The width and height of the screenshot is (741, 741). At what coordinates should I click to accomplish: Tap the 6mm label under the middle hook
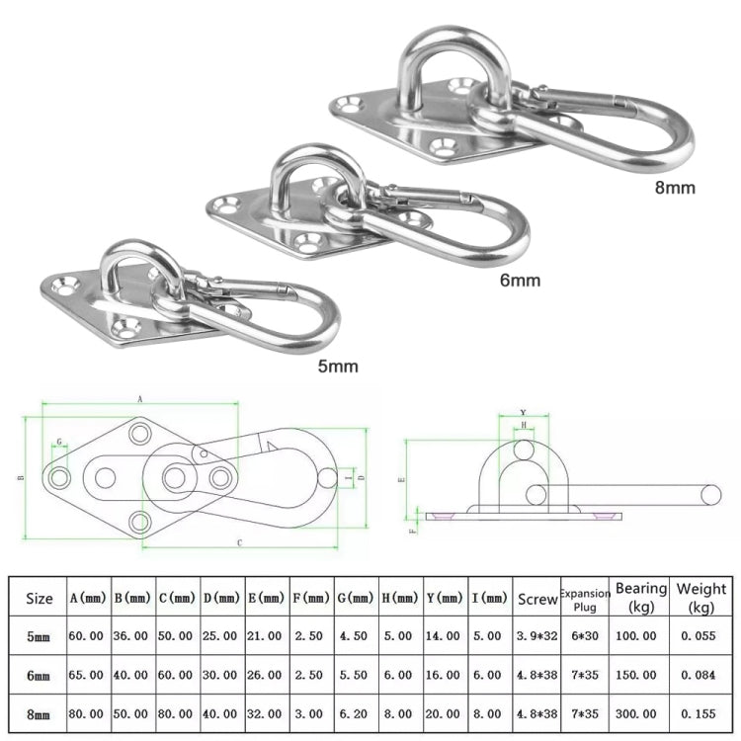pyautogui.click(x=520, y=280)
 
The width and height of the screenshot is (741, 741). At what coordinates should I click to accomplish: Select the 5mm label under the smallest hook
pyautogui.click(x=338, y=366)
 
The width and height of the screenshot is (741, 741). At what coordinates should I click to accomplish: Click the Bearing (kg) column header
pyautogui.click(x=641, y=597)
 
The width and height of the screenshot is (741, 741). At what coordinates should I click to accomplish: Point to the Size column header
pyautogui.click(x=40, y=598)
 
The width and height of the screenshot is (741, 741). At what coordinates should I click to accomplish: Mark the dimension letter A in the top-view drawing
pyautogui.click(x=139, y=398)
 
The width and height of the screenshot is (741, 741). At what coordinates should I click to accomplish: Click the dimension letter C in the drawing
pyautogui.click(x=240, y=542)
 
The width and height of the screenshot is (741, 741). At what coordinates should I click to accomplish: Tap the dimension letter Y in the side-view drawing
pyautogui.click(x=523, y=414)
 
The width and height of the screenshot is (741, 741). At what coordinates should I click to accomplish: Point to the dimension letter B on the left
pyautogui.click(x=20, y=479)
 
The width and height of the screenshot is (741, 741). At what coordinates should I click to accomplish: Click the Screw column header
pyautogui.click(x=537, y=598)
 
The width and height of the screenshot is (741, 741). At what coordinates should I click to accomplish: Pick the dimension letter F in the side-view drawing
pyautogui.click(x=413, y=530)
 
